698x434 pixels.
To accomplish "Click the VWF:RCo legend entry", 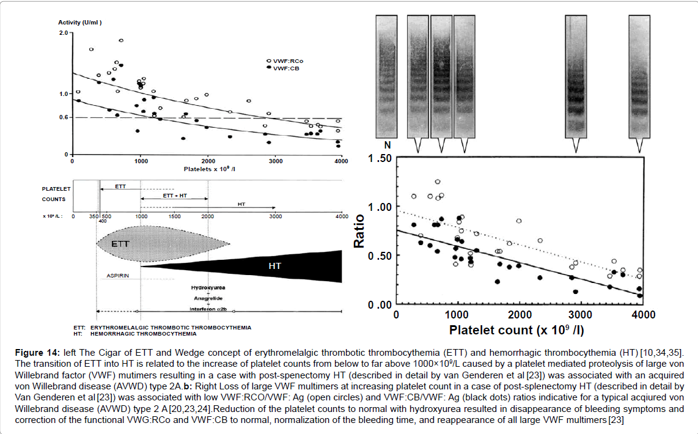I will click(x=282, y=62).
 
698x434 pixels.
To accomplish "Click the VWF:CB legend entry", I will click(x=281, y=68).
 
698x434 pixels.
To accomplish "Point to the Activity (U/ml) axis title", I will click(x=79, y=23).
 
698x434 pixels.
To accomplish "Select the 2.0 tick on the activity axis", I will click(x=62, y=32).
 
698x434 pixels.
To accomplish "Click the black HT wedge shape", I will click(x=275, y=267).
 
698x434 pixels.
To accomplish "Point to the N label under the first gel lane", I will click(x=387, y=145).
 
